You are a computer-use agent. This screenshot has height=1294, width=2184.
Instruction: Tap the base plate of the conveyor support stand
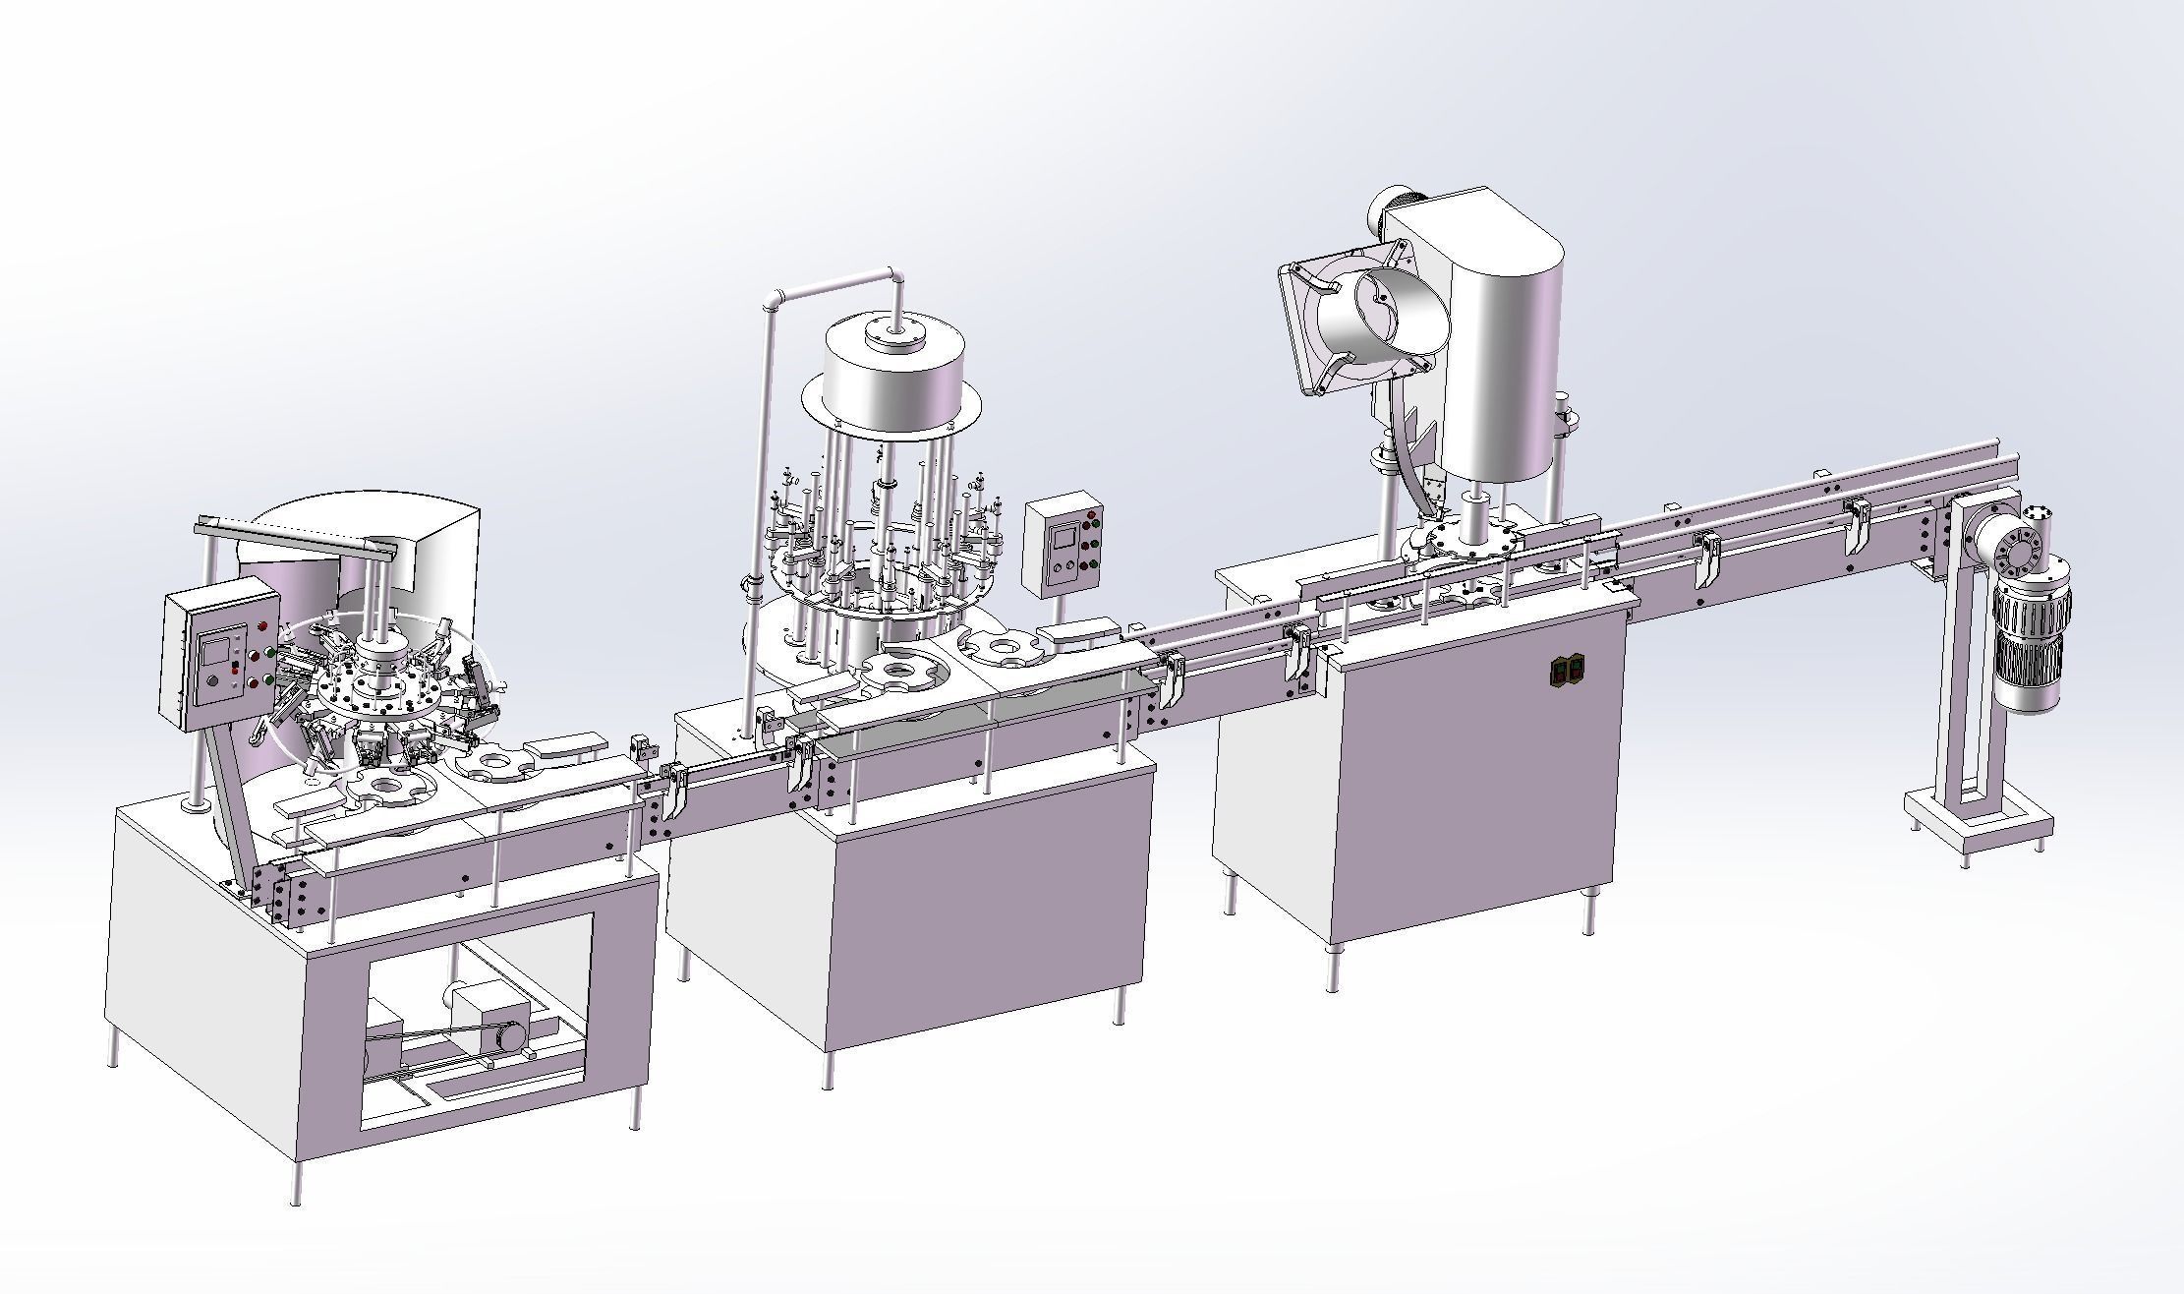coord(1978,818)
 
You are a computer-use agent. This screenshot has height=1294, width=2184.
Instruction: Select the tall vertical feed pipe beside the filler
coord(766,472)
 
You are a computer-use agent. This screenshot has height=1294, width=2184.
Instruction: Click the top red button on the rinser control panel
coord(262,626)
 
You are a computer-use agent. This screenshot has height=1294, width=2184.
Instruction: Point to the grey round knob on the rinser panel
coord(211,683)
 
